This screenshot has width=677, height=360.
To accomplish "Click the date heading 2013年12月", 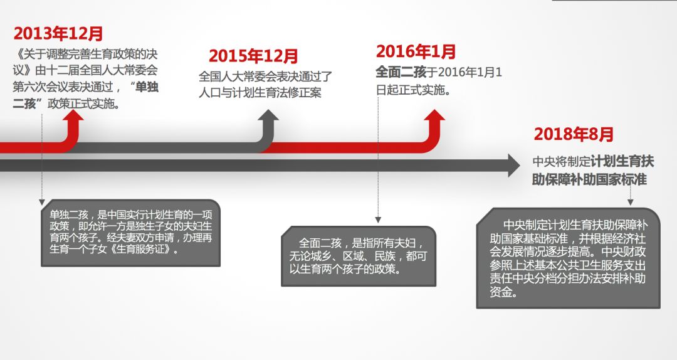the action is pyautogui.click(x=58, y=34).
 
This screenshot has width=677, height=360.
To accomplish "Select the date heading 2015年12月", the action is pyautogui.click(x=253, y=56).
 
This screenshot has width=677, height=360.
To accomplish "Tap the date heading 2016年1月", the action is pyautogui.click(x=416, y=51).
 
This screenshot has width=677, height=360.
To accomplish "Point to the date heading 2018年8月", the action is pyautogui.click(x=574, y=134).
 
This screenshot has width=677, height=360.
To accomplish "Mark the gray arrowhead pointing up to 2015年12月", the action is pyautogui.click(x=268, y=117).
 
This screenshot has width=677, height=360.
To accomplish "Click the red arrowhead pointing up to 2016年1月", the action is pyautogui.click(x=433, y=118).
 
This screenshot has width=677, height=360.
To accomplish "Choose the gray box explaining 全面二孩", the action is pyautogui.click(x=359, y=256).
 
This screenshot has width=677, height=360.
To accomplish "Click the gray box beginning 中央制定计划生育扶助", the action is pyautogui.click(x=568, y=258).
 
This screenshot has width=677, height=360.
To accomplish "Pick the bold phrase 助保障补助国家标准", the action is pyautogui.click(x=589, y=179).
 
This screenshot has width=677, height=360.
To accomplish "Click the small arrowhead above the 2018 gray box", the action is pyautogui.click(x=630, y=203).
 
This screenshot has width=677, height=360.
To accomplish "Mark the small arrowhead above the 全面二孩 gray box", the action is pyautogui.click(x=377, y=220).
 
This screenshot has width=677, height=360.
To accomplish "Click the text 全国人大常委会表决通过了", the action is pyautogui.click(x=265, y=77).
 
